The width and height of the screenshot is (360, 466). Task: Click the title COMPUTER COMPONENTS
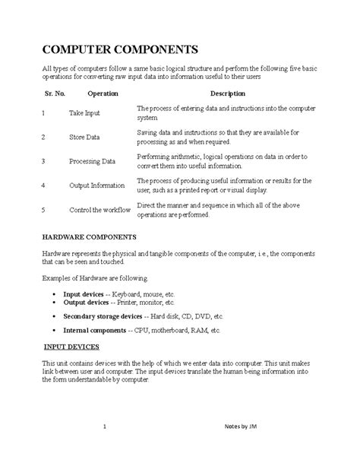point(119,50)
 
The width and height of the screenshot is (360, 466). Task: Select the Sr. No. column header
point(53,94)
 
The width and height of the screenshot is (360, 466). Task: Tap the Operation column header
point(103,94)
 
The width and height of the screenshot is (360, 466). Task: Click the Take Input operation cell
point(84,113)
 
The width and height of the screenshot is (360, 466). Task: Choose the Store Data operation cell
point(84,138)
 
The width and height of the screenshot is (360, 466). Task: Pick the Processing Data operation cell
point(92,162)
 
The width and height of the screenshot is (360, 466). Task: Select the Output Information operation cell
point(96,185)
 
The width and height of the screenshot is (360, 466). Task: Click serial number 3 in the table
point(44,162)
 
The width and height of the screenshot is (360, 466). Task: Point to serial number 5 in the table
point(44,209)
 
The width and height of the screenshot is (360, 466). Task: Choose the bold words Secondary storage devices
point(103,315)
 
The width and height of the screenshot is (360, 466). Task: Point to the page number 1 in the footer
point(113,426)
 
